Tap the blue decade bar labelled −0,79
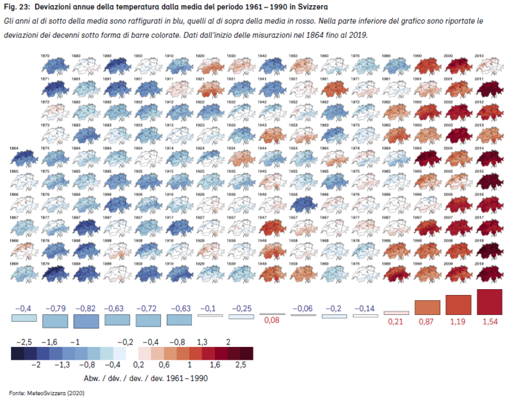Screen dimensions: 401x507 click(x=56, y=320)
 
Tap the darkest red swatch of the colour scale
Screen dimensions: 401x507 click(x=247, y=353)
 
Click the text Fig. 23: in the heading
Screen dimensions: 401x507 click(x=16, y=7)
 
